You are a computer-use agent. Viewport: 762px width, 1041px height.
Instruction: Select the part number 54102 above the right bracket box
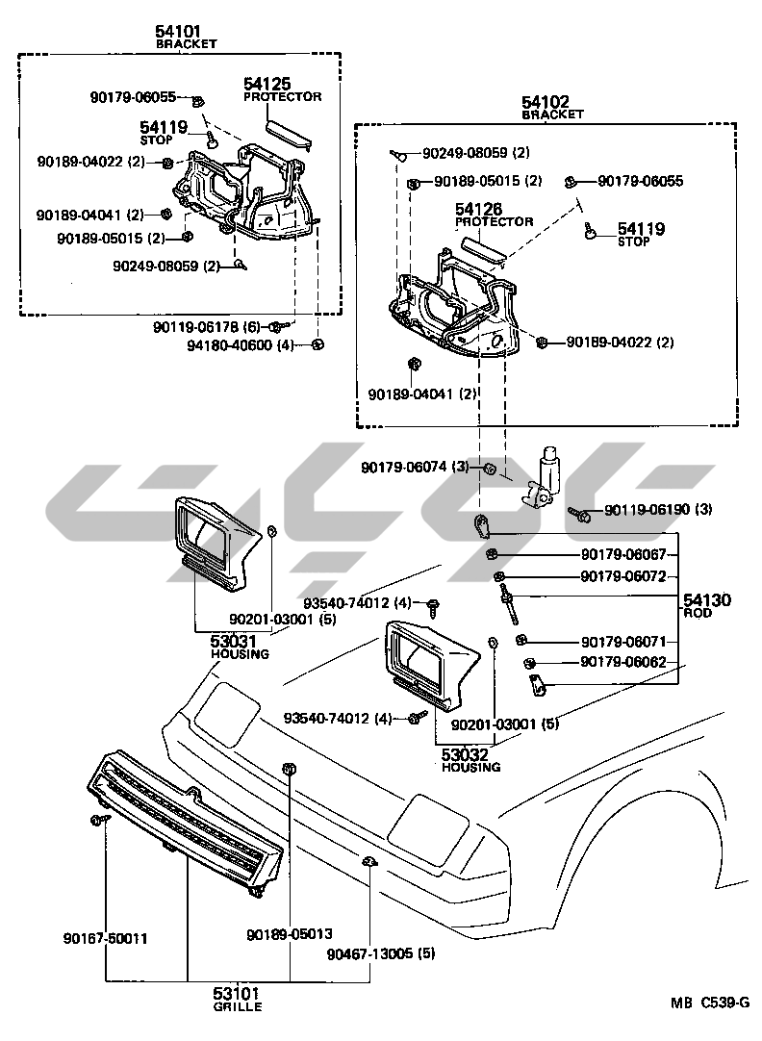tap(546, 101)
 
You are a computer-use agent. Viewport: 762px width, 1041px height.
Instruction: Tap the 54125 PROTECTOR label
tap(267, 85)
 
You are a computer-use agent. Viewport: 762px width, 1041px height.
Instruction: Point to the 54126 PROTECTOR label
tap(479, 209)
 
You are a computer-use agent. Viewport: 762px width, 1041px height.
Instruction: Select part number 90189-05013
tap(289, 933)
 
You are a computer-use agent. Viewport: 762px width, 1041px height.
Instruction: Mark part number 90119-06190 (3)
tap(658, 509)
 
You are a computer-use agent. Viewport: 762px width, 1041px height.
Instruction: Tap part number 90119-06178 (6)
tap(207, 327)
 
